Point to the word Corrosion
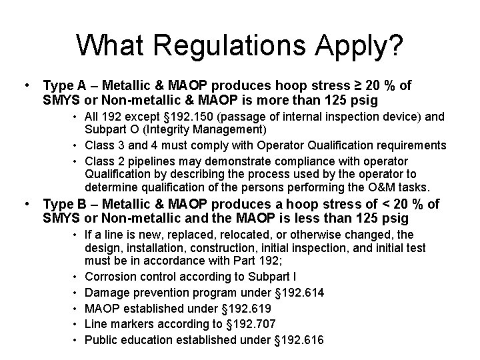111,277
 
